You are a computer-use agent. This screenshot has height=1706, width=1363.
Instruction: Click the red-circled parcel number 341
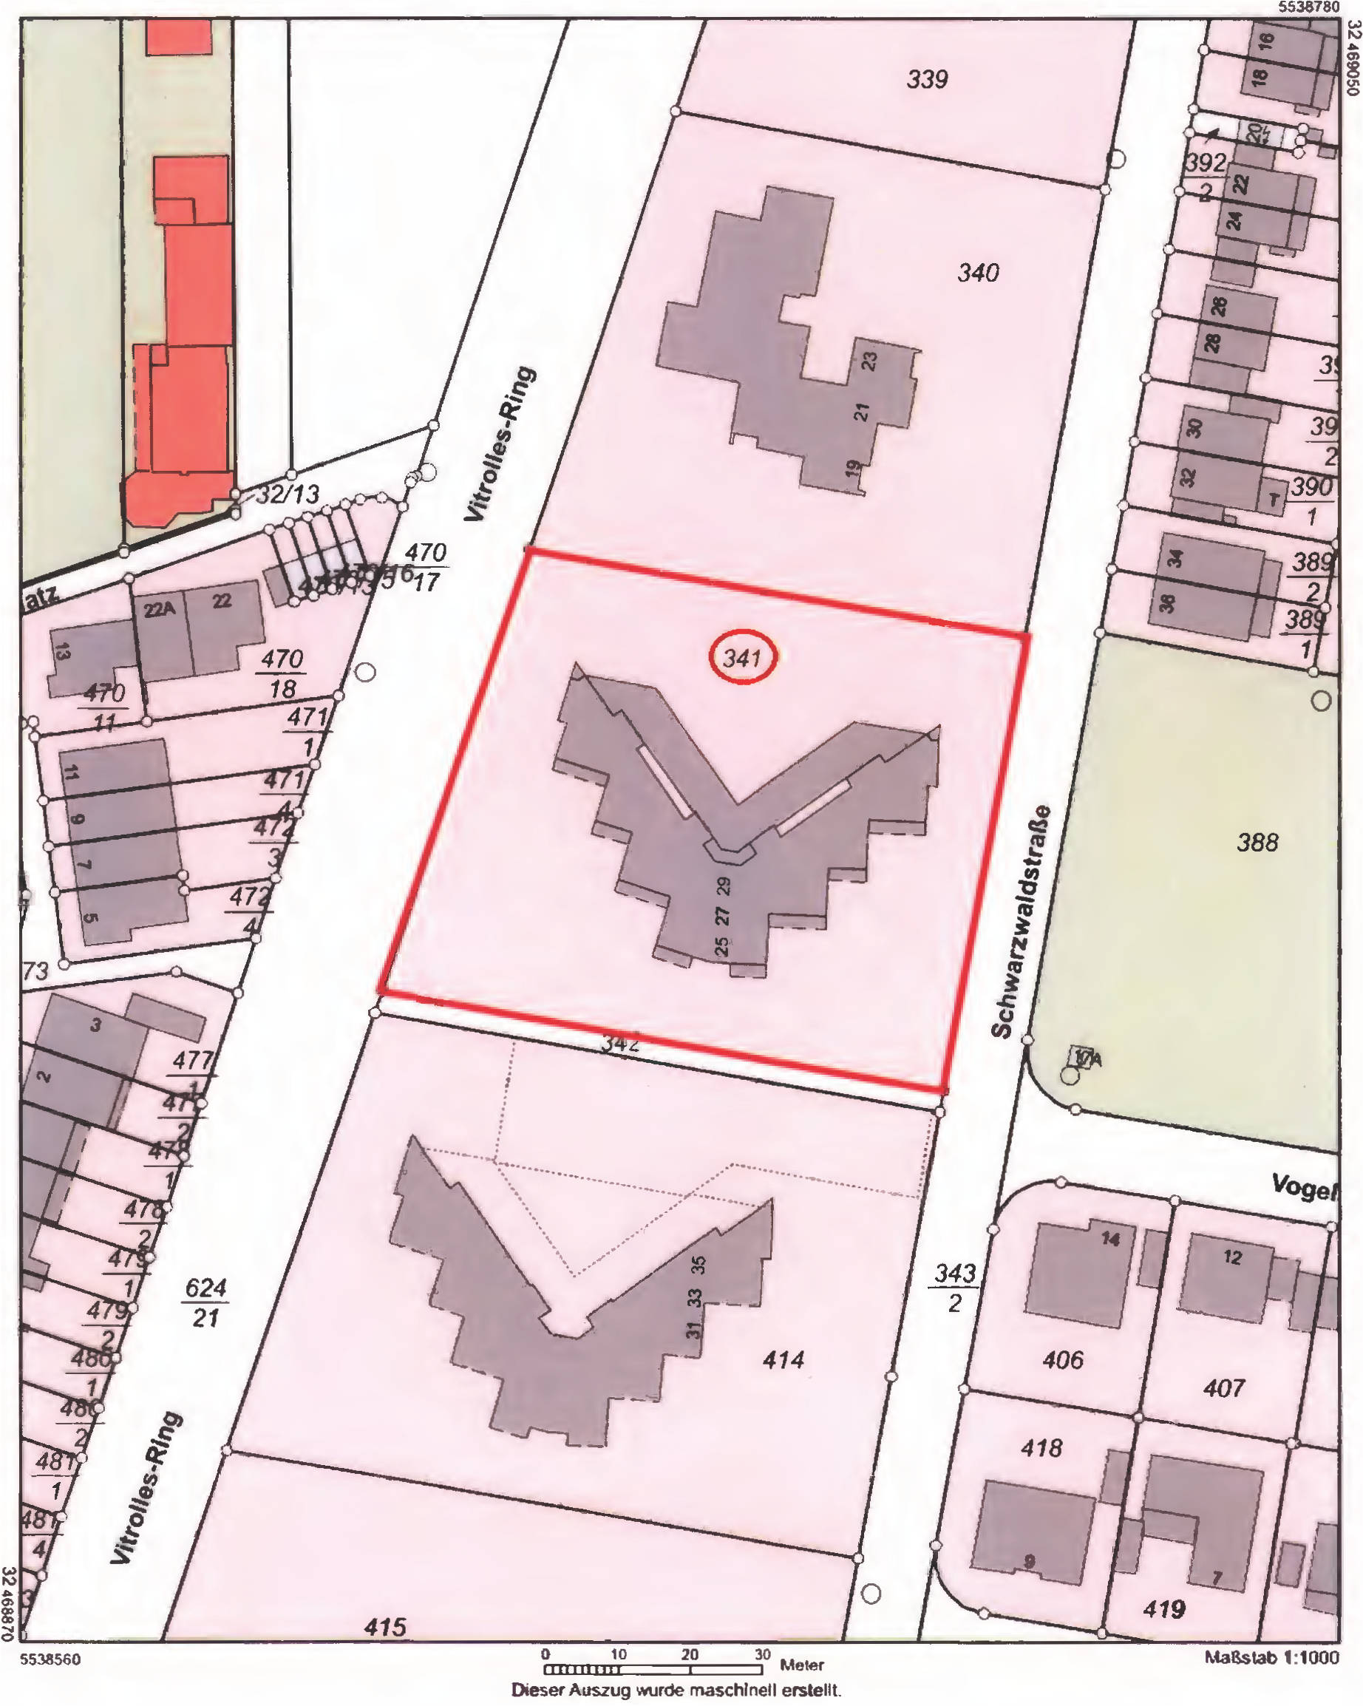tap(742, 657)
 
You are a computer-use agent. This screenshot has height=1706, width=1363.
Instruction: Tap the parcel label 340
tap(978, 273)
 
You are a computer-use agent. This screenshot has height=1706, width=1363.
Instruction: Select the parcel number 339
tap(926, 79)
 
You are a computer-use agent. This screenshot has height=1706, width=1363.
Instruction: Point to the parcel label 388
tap(1257, 842)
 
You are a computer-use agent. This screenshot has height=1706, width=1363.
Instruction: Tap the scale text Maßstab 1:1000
tap(1272, 1658)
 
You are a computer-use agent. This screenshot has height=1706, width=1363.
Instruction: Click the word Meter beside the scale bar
tap(801, 1665)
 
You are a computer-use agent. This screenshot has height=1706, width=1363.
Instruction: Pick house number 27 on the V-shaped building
tap(722, 916)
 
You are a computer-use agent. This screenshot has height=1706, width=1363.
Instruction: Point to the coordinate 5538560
tap(50, 1659)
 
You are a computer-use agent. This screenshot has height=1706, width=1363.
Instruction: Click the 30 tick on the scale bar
tap(761, 1654)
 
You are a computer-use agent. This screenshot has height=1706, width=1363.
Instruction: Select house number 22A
tap(158, 610)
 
